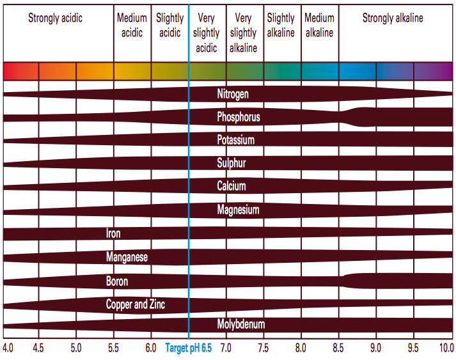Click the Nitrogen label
click(x=233, y=94)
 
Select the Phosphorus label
click(x=238, y=117)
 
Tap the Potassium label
click(x=235, y=140)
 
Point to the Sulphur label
click(x=232, y=163)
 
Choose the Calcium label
click(x=232, y=186)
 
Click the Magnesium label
click(x=238, y=210)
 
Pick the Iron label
click(x=113, y=233)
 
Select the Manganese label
click(x=127, y=257)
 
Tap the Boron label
click(x=116, y=281)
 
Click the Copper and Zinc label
click(x=135, y=304)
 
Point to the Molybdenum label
click(x=240, y=324)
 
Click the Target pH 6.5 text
click(x=189, y=348)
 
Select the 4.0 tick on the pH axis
click(x=8, y=348)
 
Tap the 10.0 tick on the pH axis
click(x=445, y=348)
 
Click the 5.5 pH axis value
click(x=114, y=348)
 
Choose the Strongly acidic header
click(x=55, y=18)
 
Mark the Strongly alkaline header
click(x=393, y=18)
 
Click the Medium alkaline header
click(x=319, y=26)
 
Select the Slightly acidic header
click(x=169, y=26)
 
